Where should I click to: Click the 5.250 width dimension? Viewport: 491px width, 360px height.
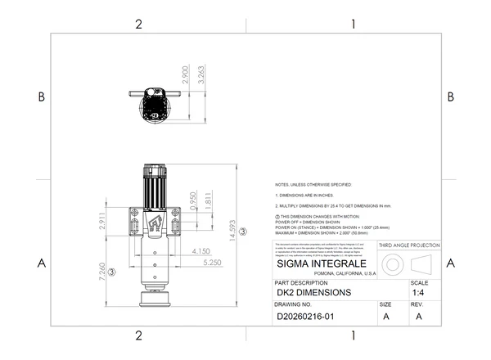[x=213, y=263]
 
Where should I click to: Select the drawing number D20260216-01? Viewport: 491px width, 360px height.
[x=311, y=314]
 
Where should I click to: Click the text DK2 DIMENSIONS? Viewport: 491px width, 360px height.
[x=314, y=292]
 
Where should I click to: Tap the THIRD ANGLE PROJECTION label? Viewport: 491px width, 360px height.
[x=409, y=245]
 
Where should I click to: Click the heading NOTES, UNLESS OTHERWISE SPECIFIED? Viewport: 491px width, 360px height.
[x=313, y=185]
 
